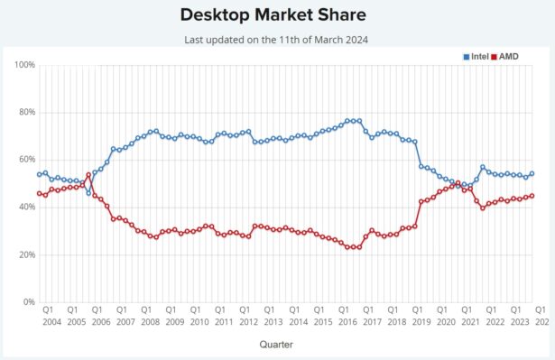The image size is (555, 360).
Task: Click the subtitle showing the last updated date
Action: click(x=277, y=40)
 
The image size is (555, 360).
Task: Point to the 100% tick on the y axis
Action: click(x=24, y=65)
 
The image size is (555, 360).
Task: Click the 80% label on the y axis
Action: click(x=26, y=113)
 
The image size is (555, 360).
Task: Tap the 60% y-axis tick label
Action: click(x=26, y=160)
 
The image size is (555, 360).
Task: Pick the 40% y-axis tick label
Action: click(x=26, y=208)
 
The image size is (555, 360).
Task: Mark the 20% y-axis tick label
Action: click(x=26, y=255)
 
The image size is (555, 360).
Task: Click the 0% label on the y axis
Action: click(x=29, y=302)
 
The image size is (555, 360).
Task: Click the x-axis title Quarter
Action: click(x=275, y=344)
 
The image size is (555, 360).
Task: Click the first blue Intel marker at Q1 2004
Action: click(x=39, y=175)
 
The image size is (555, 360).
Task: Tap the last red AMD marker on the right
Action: click(x=532, y=196)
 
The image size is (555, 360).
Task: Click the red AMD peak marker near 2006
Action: click(x=88, y=175)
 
